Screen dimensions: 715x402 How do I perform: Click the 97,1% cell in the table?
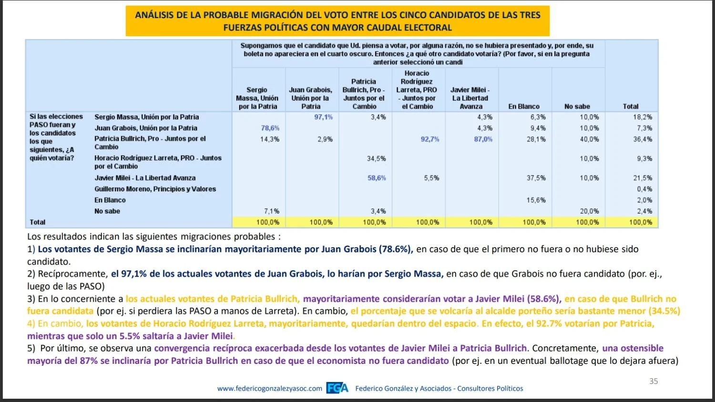[x=323, y=117]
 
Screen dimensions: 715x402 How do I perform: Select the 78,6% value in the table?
[x=270, y=128]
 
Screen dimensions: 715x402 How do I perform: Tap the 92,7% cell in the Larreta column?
[x=430, y=139]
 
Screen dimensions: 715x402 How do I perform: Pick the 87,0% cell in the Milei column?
[x=483, y=139]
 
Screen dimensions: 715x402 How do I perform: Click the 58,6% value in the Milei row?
[x=377, y=178]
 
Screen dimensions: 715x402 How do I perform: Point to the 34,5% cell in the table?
[x=377, y=158]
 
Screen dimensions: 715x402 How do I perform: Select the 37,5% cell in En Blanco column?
[x=536, y=178]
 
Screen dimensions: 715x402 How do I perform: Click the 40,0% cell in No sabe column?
[x=590, y=139]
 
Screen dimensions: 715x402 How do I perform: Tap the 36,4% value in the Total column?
[x=643, y=139]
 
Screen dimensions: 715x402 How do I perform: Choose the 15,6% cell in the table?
[x=536, y=200]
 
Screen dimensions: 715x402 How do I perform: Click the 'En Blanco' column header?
[x=524, y=106]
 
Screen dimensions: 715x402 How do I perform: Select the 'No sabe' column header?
[x=577, y=106]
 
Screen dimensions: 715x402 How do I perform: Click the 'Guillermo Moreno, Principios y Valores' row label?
[x=155, y=189]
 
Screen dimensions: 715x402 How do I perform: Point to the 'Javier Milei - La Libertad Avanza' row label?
[x=145, y=178]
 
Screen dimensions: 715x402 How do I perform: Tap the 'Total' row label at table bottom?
[x=37, y=222]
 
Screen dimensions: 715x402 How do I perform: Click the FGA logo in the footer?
[x=337, y=388]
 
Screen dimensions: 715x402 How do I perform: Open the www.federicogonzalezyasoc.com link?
[x=270, y=389]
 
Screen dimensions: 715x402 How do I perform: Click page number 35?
[x=654, y=381]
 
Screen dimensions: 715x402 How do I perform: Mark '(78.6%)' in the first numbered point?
[x=396, y=249]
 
